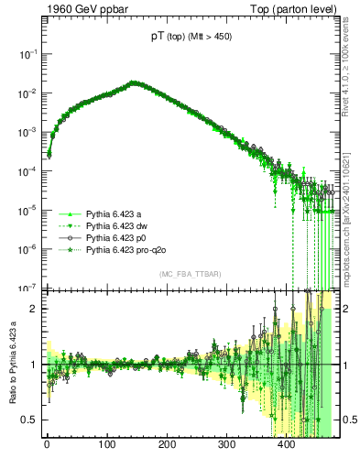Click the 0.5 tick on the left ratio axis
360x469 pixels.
(x=30, y=420)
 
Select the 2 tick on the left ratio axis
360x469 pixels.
(x=35, y=309)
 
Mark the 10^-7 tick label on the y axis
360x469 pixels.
(x=27, y=287)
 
